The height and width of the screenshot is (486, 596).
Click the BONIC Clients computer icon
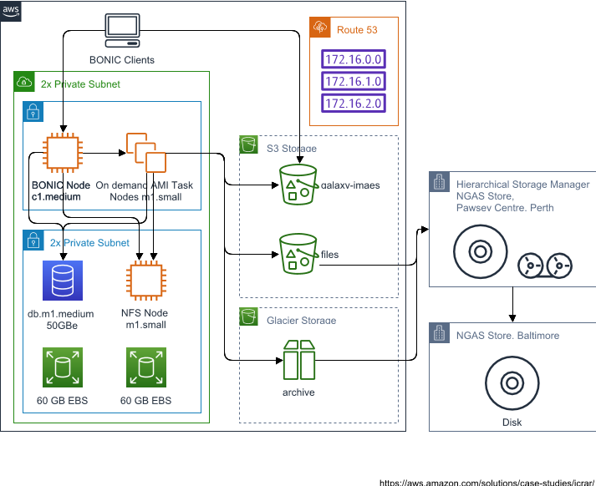tap(122, 31)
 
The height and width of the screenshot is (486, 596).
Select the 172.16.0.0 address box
tap(353, 60)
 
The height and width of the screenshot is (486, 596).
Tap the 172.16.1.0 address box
tap(353, 82)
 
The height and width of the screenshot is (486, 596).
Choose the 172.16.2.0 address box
tap(353, 104)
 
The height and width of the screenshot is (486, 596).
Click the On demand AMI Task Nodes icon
tap(145, 152)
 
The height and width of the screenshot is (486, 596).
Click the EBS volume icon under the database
tap(61, 366)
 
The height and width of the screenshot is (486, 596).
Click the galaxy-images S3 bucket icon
tap(298, 184)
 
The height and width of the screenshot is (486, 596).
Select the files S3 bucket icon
tap(298, 253)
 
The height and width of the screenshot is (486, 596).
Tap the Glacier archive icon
tap(298, 359)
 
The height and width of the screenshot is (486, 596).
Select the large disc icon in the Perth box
tap(480, 251)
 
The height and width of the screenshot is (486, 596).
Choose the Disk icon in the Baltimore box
tap(511, 382)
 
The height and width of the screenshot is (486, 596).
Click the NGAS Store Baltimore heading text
tap(507, 335)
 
